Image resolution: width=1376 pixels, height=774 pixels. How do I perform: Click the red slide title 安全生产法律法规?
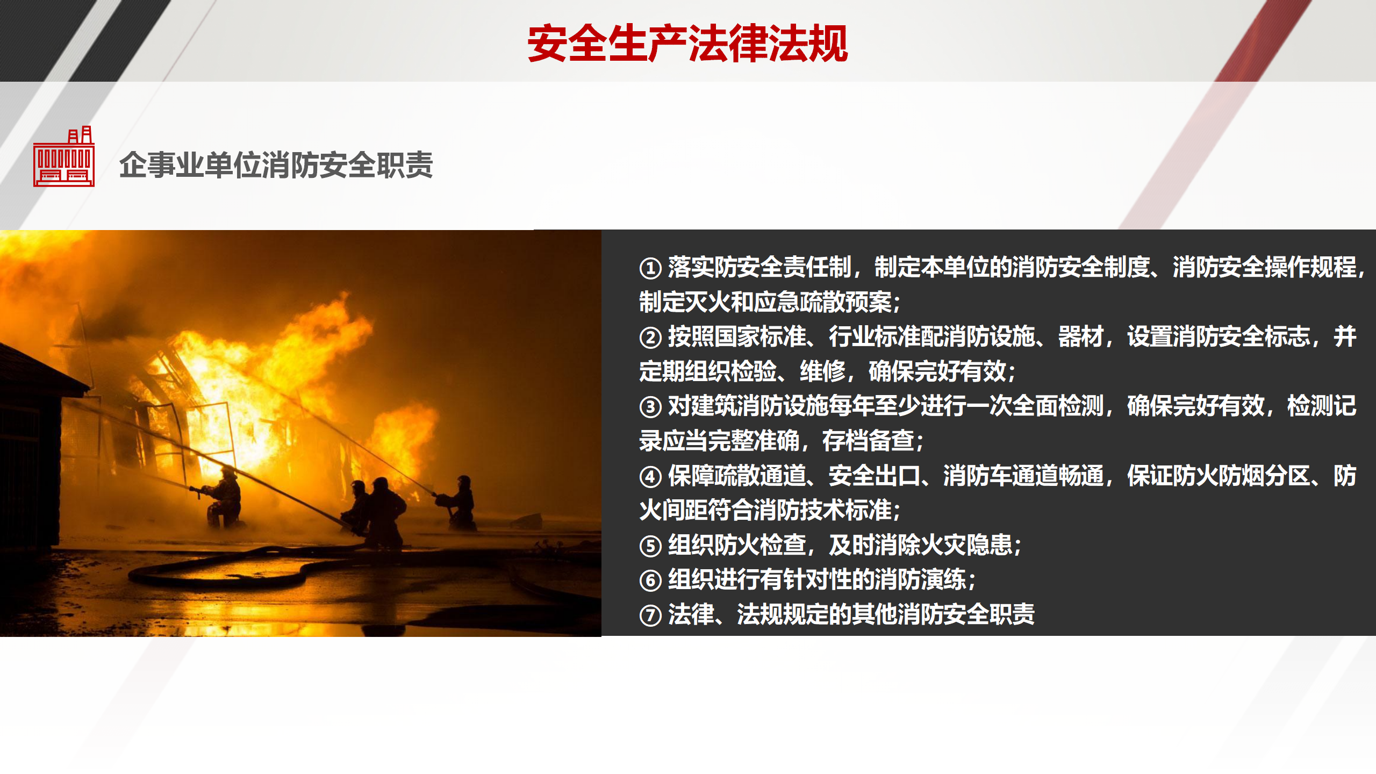pyautogui.click(x=687, y=44)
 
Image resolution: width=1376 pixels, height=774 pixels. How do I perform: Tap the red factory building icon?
pyautogui.click(x=64, y=156)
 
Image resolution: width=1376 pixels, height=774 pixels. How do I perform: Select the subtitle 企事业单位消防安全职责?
pyautogui.click(x=276, y=164)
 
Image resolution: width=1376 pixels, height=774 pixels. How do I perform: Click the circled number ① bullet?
pyautogui.click(x=650, y=268)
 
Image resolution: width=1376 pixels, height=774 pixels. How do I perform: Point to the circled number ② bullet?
pyautogui.click(x=650, y=338)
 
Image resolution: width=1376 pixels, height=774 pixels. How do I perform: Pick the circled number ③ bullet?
pyautogui.click(x=650, y=407)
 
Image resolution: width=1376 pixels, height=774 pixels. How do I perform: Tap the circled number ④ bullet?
pyautogui.click(x=650, y=477)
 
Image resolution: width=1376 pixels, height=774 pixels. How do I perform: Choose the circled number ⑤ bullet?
pyautogui.click(x=650, y=546)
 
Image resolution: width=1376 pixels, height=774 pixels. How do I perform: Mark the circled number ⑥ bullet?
pyautogui.click(x=650, y=580)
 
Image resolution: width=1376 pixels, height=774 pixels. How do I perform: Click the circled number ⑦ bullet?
pyautogui.click(x=650, y=615)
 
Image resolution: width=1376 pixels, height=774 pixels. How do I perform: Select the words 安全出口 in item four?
pyautogui.click(x=874, y=476)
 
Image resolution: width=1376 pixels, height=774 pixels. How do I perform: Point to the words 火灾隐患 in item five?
pyautogui.click(x=966, y=545)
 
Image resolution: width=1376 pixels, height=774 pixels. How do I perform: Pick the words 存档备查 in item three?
pyautogui.click(x=868, y=441)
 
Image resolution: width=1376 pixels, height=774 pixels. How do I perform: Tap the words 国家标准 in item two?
pyautogui.click(x=760, y=336)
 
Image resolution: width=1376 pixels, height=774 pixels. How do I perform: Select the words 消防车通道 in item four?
pyautogui.click(x=1000, y=476)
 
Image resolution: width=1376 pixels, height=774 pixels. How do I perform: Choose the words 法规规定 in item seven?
pyautogui.click(x=782, y=614)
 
